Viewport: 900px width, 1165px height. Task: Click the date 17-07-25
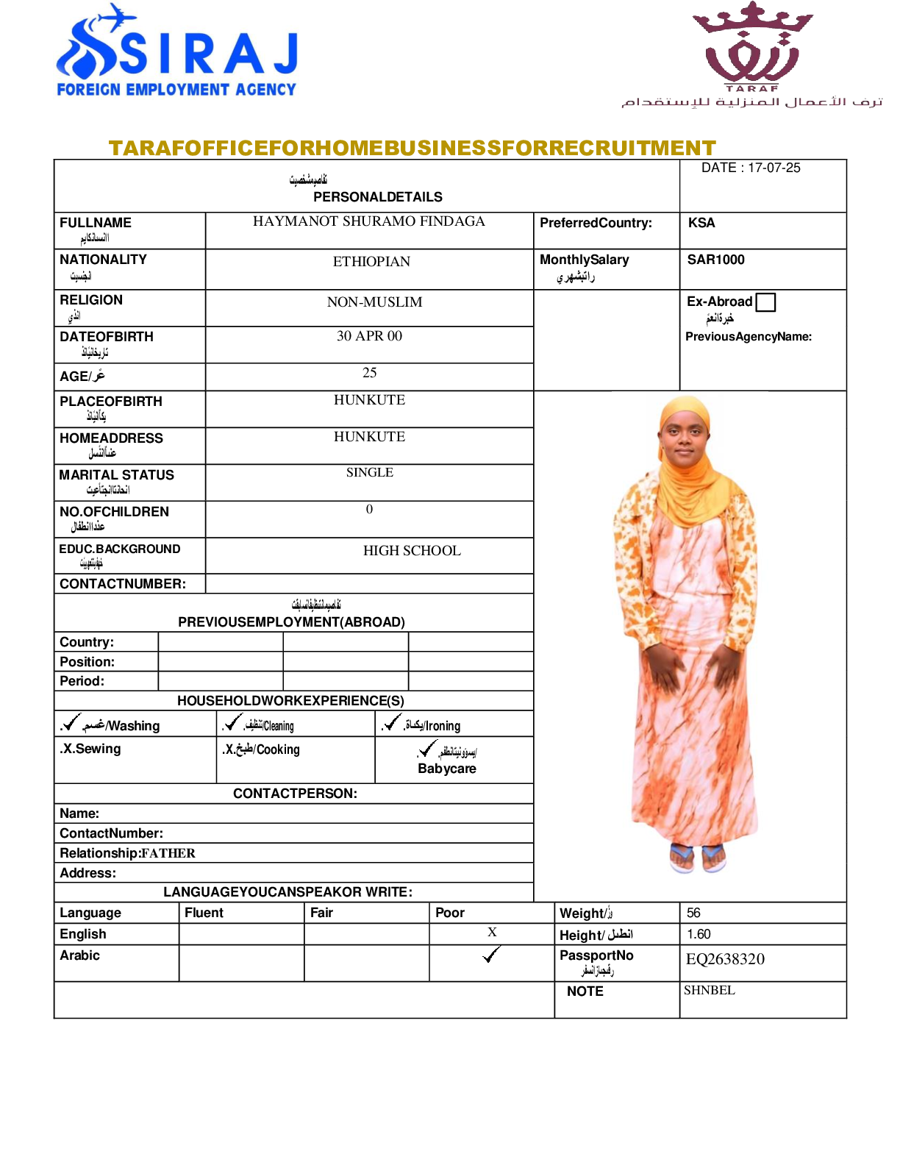[x=751, y=168]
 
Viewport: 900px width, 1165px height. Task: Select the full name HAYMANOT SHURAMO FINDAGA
[x=369, y=221]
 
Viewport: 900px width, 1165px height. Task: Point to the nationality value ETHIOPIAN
[x=371, y=262]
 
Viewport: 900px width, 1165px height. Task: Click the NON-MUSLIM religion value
[x=374, y=302]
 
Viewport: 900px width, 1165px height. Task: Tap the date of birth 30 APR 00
[x=369, y=336]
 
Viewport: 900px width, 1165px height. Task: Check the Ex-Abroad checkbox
[x=765, y=302]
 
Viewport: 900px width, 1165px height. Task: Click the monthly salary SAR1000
[x=715, y=260]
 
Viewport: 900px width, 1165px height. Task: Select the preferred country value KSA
[x=701, y=223]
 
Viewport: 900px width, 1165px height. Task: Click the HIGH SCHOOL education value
[x=412, y=551]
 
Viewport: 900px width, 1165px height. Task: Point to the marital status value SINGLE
[x=370, y=472]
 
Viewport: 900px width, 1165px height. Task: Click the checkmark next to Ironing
[x=392, y=722]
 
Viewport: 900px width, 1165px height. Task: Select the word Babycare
[x=447, y=769]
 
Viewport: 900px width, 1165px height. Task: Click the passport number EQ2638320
[x=725, y=959]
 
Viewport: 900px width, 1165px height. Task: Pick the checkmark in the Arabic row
[x=491, y=955]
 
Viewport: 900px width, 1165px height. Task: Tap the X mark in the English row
[x=492, y=932]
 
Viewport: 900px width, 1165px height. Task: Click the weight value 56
[x=693, y=913]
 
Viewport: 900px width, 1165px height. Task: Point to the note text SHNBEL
[x=710, y=991]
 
